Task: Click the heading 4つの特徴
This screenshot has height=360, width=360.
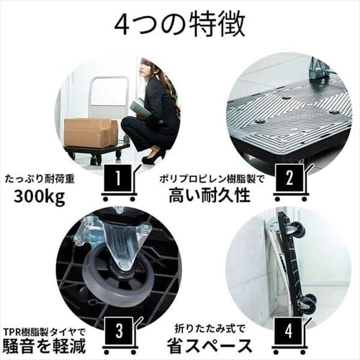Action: click(x=179, y=24)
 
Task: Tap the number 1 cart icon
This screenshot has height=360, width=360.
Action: click(x=119, y=180)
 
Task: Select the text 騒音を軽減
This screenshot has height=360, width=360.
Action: click(x=45, y=346)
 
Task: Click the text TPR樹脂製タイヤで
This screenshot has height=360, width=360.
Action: click(x=45, y=328)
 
